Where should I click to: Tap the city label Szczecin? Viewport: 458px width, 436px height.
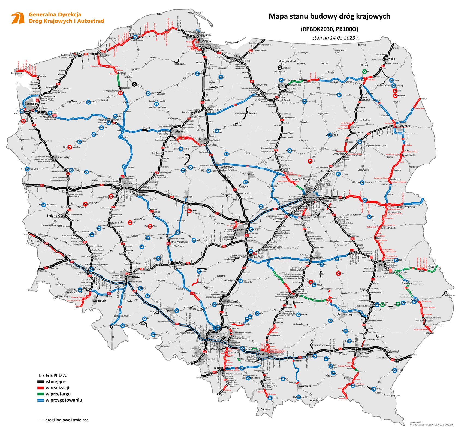tap(31, 104)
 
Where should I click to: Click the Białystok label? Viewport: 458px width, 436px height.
tap(404, 126)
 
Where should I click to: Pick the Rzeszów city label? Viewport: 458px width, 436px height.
tap(363, 353)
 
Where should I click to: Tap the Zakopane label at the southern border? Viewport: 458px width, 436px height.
tap(265, 409)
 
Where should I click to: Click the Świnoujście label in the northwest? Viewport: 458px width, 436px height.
tap(16, 74)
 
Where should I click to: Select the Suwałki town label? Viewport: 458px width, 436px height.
tap(390, 59)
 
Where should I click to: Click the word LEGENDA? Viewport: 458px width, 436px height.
tap(53, 376)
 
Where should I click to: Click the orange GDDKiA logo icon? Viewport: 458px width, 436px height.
tap(17, 18)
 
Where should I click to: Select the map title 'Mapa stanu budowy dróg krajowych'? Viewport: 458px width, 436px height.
tap(329, 16)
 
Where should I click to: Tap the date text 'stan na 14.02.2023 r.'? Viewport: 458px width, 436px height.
tap(336, 38)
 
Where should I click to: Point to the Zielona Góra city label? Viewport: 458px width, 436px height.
tap(56, 216)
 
